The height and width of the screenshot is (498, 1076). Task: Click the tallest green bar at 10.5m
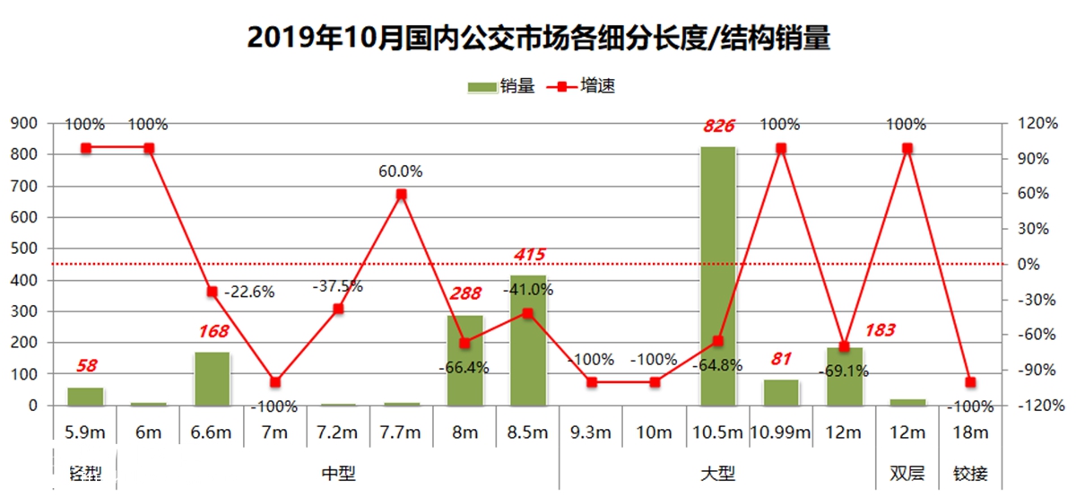(x=717, y=275)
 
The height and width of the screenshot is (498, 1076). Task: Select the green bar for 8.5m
(x=527, y=340)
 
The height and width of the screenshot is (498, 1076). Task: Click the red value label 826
(x=717, y=126)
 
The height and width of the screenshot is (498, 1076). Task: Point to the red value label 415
(x=528, y=255)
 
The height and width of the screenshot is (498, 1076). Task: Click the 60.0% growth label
(x=401, y=170)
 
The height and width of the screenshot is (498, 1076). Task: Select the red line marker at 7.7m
(x=401, y=194)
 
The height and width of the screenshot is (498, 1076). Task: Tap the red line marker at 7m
(x=275, y=382)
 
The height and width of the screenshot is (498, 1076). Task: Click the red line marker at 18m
(x=970, y=382)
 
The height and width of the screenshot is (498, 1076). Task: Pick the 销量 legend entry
(x=501, y=87)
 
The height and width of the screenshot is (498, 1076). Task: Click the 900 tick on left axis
(x=25, y=124)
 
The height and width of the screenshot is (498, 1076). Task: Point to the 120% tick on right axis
(x=1033, y=124)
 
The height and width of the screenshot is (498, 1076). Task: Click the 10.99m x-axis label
(x=780, y=432)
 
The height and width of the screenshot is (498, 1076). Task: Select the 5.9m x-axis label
(x=85, y=432)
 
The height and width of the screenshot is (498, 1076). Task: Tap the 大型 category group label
(x=717, y=473)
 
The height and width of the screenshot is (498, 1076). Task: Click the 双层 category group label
(x=907, y=473)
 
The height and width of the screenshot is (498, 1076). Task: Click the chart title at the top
(x=537, y=38)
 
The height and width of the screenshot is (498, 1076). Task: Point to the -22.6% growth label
(x=249, y=292)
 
